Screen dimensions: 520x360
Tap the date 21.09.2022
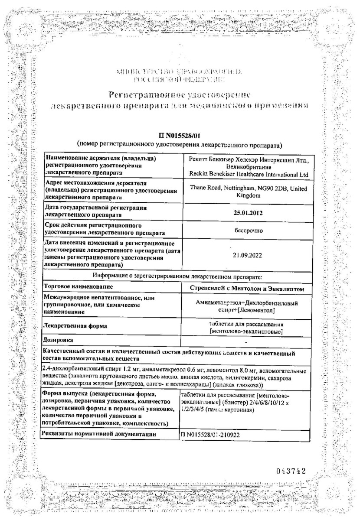point(248,255)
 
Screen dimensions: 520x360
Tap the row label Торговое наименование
point(78,287)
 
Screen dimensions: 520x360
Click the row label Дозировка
point(60,341)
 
